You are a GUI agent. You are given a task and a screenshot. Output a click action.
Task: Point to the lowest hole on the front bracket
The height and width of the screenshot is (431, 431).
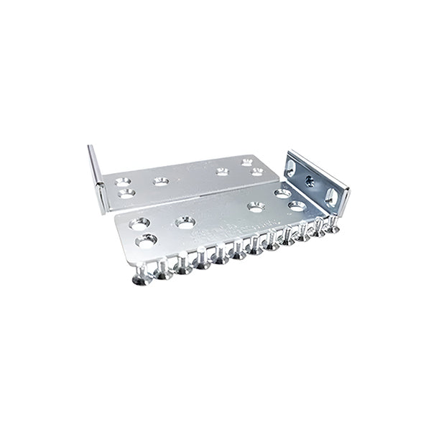[147, 241]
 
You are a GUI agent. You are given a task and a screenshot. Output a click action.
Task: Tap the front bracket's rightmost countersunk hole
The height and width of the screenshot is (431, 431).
[297, 206]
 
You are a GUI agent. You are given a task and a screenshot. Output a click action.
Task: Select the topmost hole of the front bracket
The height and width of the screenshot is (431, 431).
[282, 193]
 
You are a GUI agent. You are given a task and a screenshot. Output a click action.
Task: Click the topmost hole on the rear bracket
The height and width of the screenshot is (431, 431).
[246, 162]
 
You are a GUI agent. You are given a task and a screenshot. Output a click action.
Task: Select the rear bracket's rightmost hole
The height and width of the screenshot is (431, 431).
[257, 172]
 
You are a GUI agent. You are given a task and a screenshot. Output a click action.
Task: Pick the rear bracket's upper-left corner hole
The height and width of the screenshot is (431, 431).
[122, 182]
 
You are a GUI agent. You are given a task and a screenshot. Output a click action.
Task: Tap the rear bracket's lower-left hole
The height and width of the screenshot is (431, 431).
[127, 193]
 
